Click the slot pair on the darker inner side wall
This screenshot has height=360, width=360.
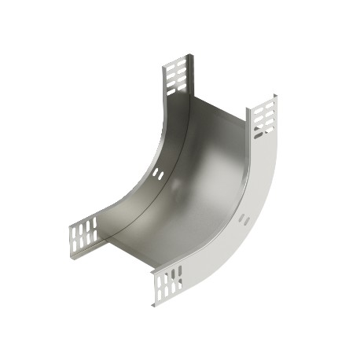tap(158, 174)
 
